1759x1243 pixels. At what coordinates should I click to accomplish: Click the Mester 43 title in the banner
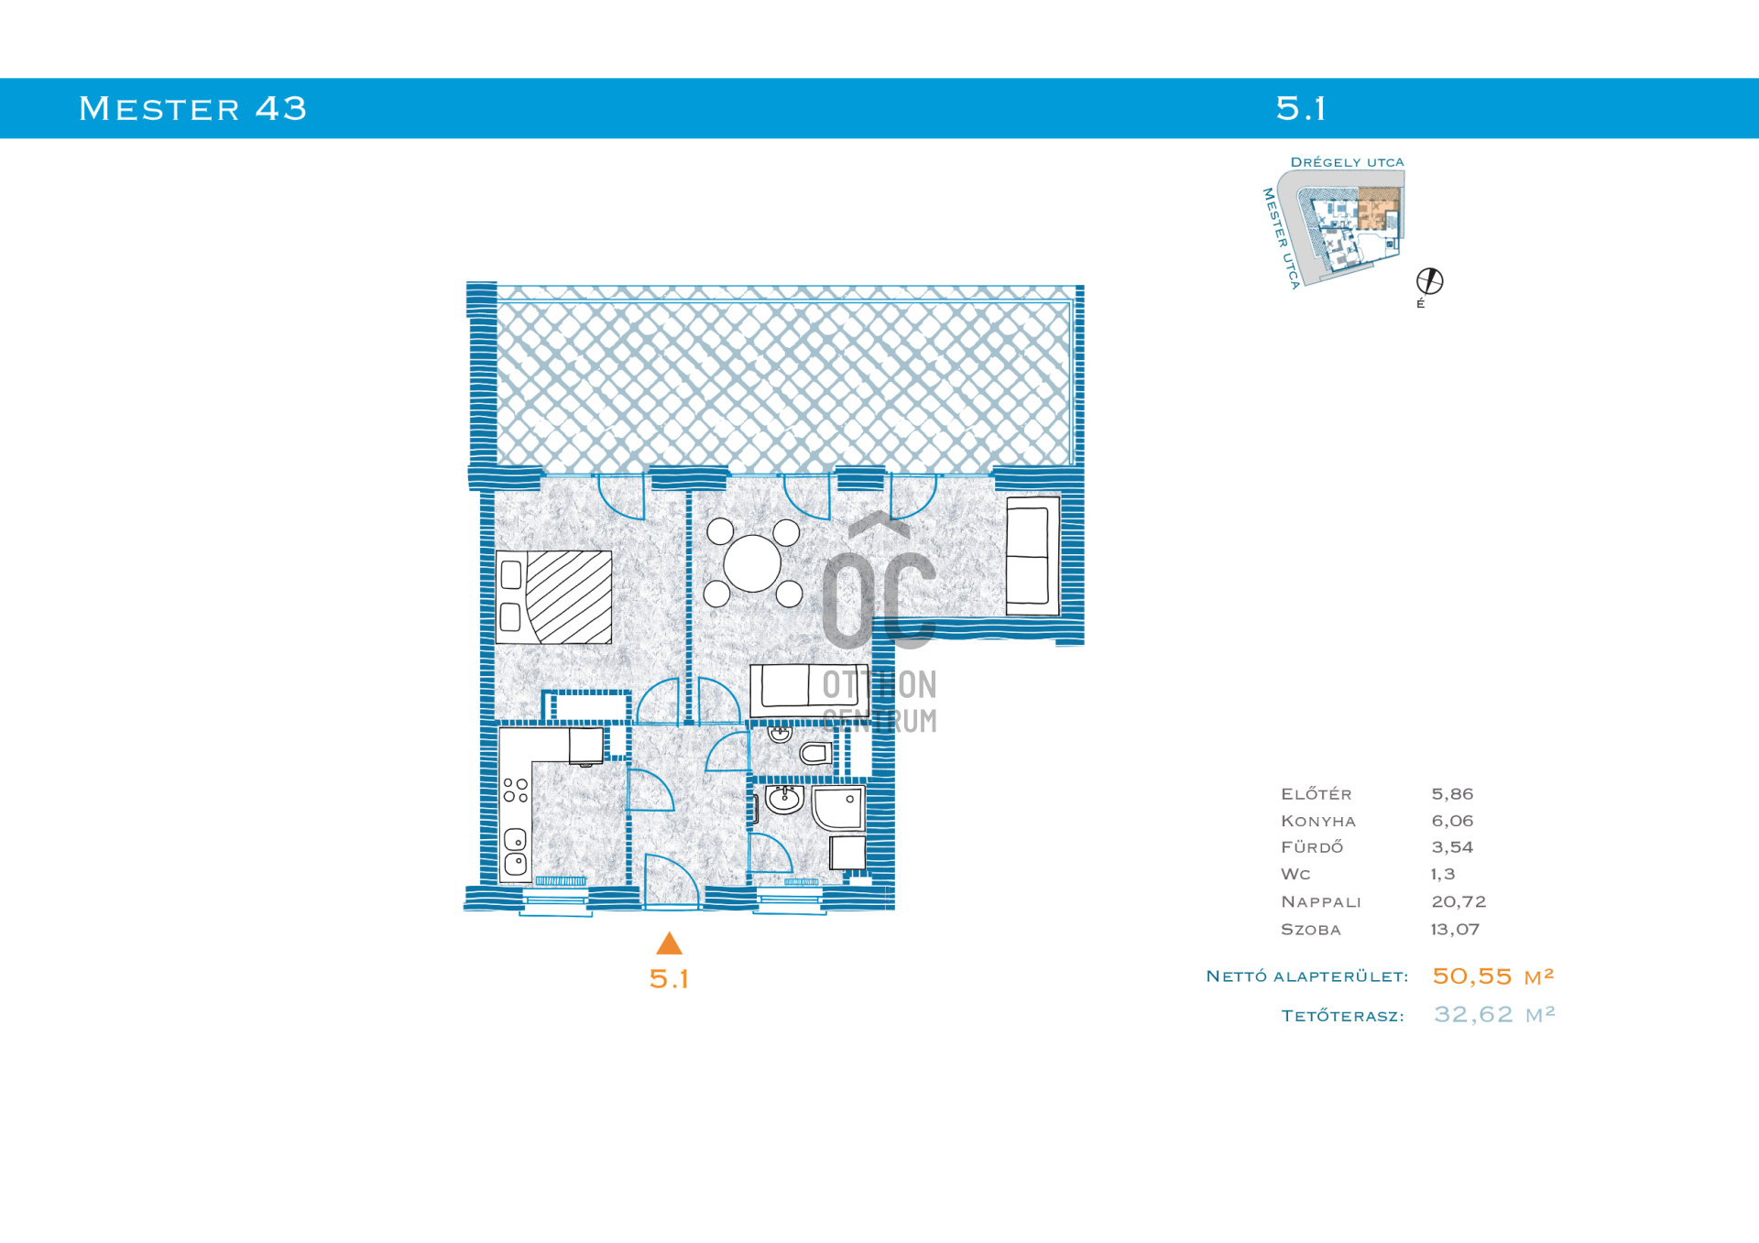(192, 109)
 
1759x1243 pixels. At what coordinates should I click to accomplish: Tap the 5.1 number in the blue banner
(1301, 109)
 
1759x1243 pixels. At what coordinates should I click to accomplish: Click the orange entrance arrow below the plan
(670, 943)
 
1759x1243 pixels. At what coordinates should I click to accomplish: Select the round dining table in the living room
(752, 563)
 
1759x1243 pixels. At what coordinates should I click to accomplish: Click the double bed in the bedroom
(553, 597)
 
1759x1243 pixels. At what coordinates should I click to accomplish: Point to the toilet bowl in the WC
(815, 754)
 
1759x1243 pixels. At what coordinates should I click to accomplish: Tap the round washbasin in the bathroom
(784, 800)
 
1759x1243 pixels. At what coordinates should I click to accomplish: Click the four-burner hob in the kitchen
(516, 791)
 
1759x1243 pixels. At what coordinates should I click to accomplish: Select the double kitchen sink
(515, 851)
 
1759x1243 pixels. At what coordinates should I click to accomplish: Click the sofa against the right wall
(1032, 556)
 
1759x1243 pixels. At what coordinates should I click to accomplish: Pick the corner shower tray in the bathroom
(838, 808)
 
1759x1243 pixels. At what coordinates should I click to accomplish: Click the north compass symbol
(1429, 281)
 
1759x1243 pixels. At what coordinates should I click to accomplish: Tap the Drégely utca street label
(1347, 162)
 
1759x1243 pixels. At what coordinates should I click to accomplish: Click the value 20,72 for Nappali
(1459, 902)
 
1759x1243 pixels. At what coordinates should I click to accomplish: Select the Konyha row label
(1317, 821)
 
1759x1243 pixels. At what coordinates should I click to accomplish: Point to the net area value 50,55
(1471, 976)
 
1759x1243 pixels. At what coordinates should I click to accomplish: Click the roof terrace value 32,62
(1473, 1015)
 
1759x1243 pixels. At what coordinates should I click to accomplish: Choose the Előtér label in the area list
(1316, 793)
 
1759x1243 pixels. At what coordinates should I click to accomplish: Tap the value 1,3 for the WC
(1443, 875)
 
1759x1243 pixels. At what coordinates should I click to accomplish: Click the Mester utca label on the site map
(1280, 239)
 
